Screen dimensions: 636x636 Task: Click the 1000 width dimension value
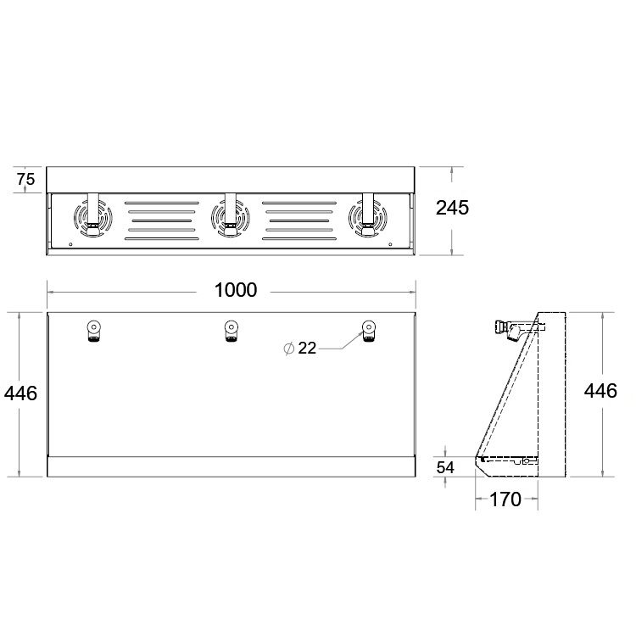235,290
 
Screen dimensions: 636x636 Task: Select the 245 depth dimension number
452,208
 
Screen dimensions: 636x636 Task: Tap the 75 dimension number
26,179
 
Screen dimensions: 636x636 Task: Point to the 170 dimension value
505,499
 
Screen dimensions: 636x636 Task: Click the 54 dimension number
445,467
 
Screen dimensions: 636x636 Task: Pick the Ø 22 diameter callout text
299,348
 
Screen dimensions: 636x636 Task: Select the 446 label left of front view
20,393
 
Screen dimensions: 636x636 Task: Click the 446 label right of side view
600,391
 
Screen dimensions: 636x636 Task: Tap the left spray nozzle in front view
93,331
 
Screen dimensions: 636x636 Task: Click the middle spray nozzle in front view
232,331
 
